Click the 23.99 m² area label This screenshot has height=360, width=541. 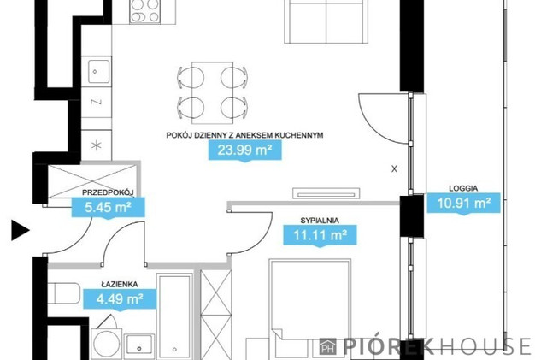pyautogui.click(x=245, y=150)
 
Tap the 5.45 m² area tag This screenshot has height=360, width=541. pyautogui.click(x=108, y=208)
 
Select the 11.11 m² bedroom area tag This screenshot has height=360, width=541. pyautogui.click(x=320, y=236)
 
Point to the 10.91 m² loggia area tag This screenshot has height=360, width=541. pyautogui.click(x=464, y=203)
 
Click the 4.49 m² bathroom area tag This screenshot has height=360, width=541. pyautogui.click(x=120, y=299)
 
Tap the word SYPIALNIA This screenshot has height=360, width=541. pyautogui.click(x=320, y=221)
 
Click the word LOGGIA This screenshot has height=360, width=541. pyautogui.click(x=463, y=188)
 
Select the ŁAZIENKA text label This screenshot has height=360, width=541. pyautogui.click(x=120, y=285)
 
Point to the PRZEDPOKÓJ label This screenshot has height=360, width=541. pyautogui.click(x=108, y=192)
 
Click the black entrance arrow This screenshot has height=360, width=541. pyautogui.click(x=21, y=230)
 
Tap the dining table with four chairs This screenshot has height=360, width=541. pyautogui.click(x=212, y=93)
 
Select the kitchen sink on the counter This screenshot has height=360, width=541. pyautogui.click(x=98, y=72)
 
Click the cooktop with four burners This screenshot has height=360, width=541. pyautogui.click(x=145, y=11)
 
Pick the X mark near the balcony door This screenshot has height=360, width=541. pyautogui.click(x=394, y=169)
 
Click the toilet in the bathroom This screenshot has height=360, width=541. pyautogui.click(x=64, y=294)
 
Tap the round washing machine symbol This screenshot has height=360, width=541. pyautogui.click(x=107, y=344)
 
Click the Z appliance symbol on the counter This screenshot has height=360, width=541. pyautogui.click(x=97, y=102)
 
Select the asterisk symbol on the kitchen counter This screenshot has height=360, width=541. pyautogui.click(x=97, y=145)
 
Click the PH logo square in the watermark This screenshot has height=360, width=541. pyautogui.click(x=327, y=346)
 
